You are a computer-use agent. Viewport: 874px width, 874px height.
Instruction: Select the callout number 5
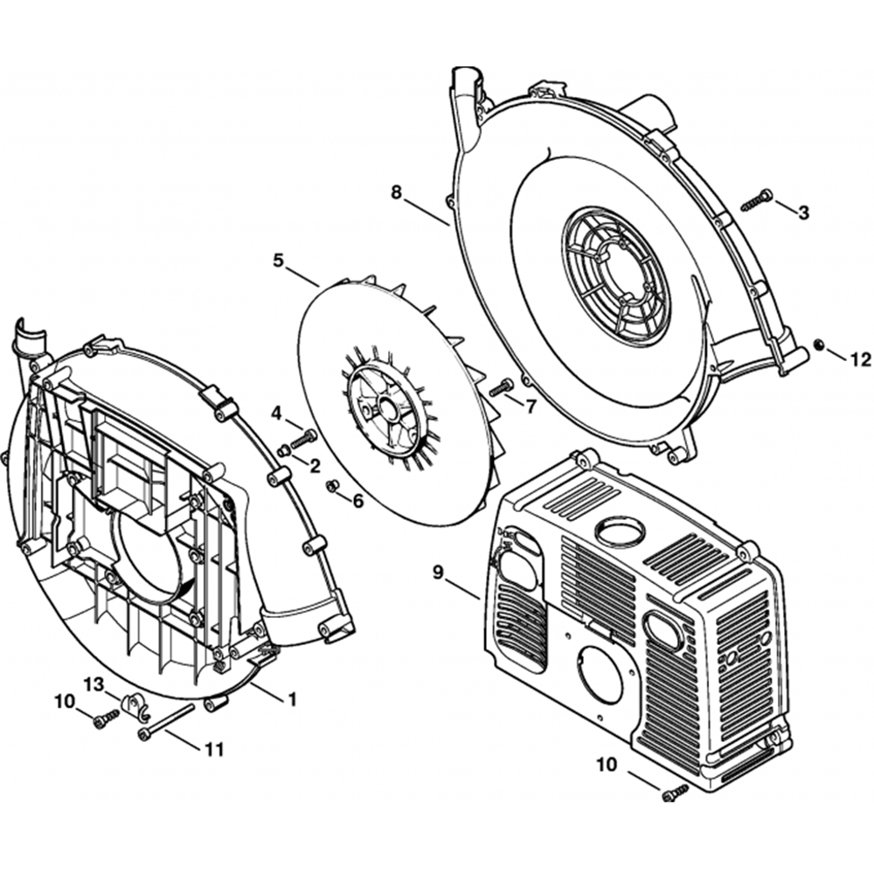pyautogui.click(x=278, y=260)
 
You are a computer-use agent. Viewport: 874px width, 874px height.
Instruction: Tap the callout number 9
pyautogui.click(x=439, y=572)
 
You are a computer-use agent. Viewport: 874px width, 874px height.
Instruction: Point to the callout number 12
pyautogui.click(x=861, y=358)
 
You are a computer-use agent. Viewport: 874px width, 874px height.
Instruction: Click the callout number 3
pyautogui.click(x=804, y=212)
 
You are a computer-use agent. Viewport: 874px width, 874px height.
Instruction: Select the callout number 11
pyautogui.click(x=213, y=749)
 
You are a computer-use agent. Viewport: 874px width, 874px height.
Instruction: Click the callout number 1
pyautogui.click(x=292, y=698)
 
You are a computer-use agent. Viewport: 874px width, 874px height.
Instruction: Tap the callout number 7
pyautogui.click(x=530, y=406)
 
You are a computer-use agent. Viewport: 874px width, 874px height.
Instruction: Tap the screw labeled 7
pyautogui.click(x=502, y=387)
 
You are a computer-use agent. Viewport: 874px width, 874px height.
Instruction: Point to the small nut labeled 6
pyautogui.click(x=332, y=486)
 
